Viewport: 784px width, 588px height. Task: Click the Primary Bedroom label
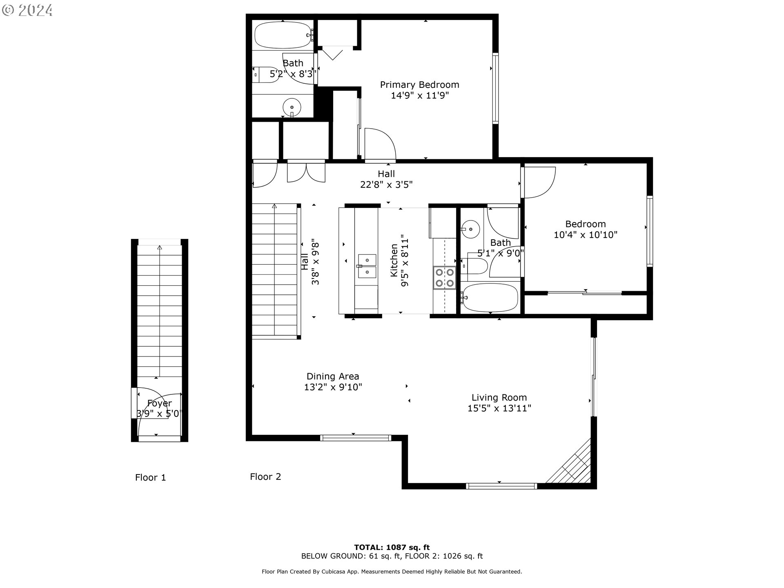point(419,85)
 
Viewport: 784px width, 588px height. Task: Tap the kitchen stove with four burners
point(444,277)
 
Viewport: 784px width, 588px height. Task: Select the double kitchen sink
point(367,265)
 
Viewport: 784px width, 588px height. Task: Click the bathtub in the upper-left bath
point(283,35)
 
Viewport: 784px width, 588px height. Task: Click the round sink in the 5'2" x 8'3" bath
point(292,107)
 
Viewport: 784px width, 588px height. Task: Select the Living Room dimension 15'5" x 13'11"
point(499,408)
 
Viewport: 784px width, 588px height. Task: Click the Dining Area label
point(333,376)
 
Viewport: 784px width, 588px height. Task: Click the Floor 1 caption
point(150,477)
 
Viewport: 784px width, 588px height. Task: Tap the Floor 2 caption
point(265,477)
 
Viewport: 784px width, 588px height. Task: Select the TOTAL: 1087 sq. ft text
point(392,547)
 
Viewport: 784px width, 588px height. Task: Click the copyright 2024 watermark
point(27,10)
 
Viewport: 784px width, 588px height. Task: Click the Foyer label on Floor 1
point(159,403)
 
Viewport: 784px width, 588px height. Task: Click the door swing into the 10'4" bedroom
point(539,182)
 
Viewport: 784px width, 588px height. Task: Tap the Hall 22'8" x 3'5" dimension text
point(386,185)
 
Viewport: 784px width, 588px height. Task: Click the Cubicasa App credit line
point(392,572)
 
